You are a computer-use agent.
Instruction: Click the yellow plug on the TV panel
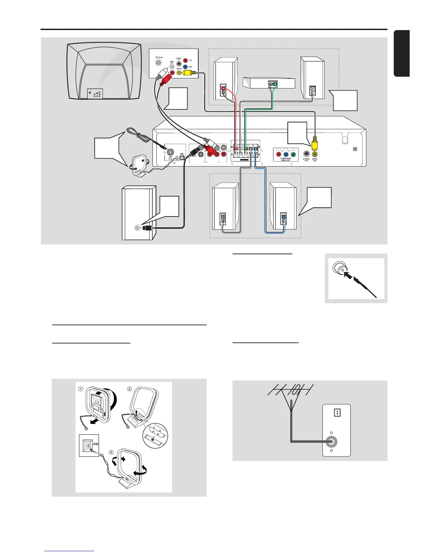click(189, 73)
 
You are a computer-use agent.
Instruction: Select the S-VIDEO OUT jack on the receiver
click(307, 154)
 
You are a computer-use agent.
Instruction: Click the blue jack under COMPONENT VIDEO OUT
click(286, 155)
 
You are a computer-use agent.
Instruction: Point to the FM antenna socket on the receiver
click(170, 152)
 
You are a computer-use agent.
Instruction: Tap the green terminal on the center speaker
click(275, 84)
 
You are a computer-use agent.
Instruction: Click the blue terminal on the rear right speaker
click(284, 216)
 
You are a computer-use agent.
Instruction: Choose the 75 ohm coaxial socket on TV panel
click(159, 63)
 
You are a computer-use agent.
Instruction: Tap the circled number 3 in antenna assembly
click(112, 452)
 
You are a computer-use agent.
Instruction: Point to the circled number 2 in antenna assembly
click(129, 389)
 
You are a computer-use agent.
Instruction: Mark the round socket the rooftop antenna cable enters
click(331, 441)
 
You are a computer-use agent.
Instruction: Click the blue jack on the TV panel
click(185, 66)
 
